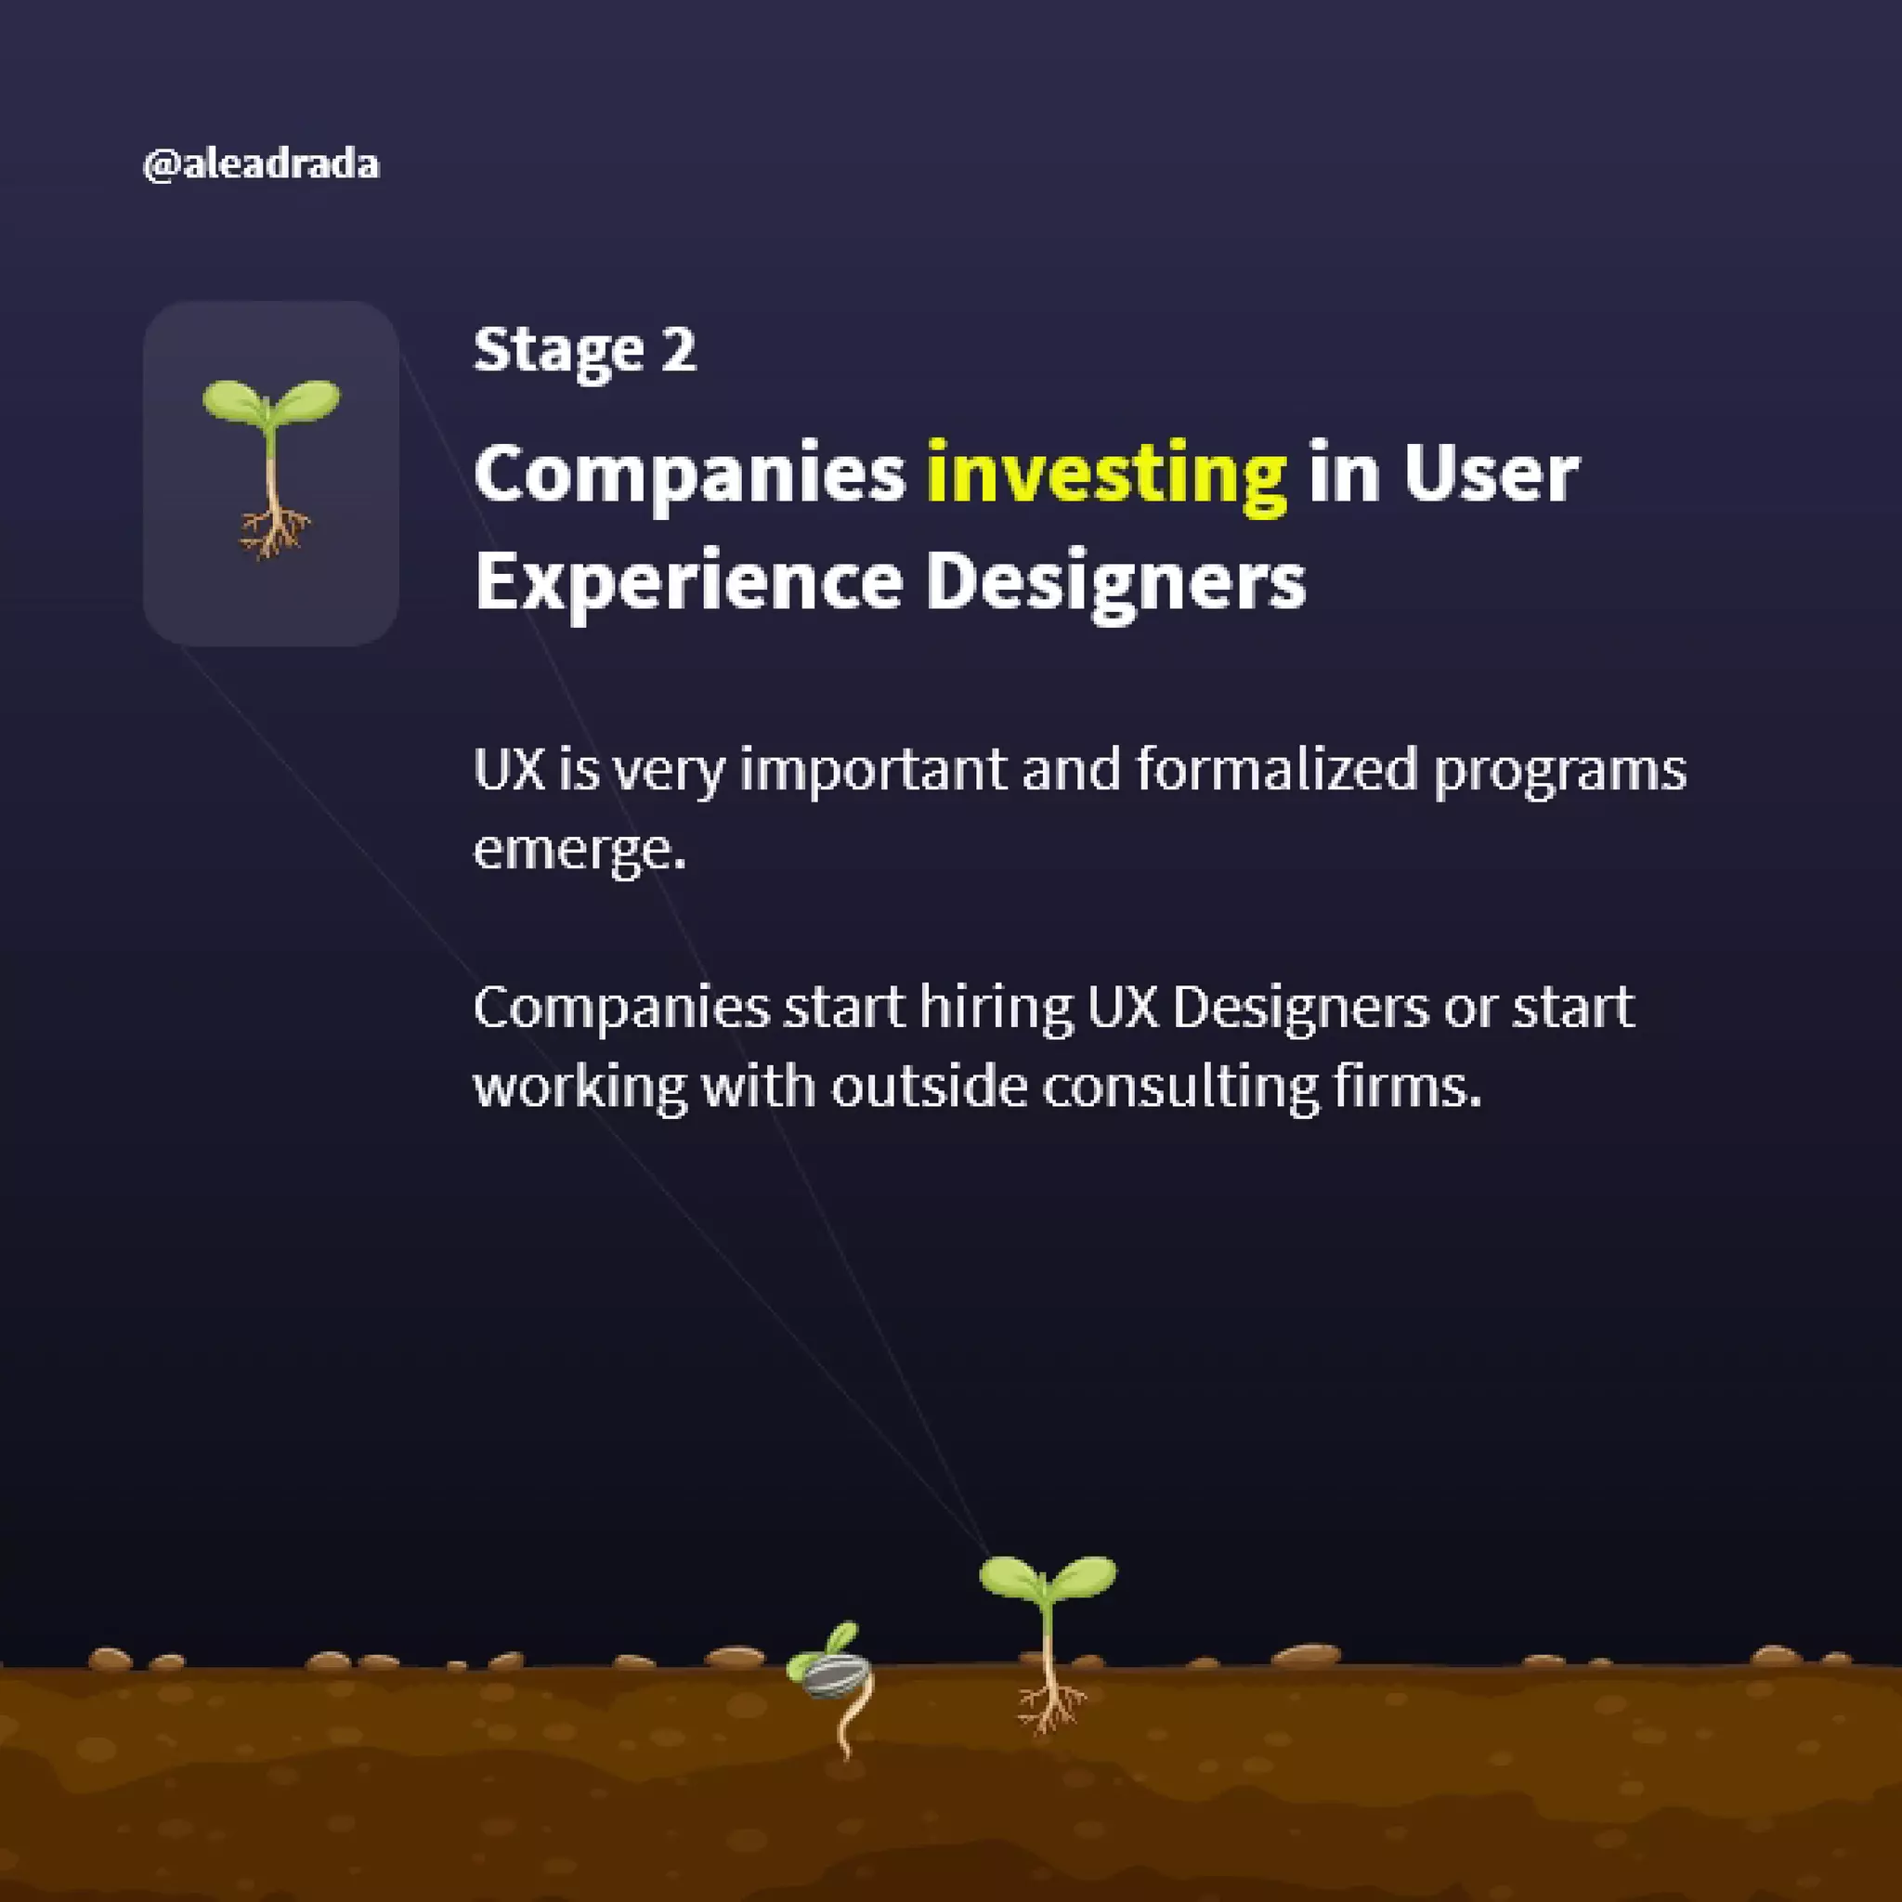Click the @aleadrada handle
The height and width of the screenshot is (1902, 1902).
[261, 164]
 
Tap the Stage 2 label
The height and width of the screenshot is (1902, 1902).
[585, 349]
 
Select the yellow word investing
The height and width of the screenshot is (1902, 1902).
[1106, 475]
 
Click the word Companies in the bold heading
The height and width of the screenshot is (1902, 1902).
[689, 475]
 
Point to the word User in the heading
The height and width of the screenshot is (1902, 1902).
[1491, 475]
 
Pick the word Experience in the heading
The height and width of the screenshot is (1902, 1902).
[688, 581]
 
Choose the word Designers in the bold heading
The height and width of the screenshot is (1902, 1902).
[1115, 581]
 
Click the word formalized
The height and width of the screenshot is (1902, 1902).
[1276, 769]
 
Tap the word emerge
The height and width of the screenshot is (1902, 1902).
[578, 849]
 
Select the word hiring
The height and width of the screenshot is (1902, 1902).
[996, 1007]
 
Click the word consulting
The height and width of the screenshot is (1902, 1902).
[1180, 1088]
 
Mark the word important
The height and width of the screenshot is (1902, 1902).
[873, 769]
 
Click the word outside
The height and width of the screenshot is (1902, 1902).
[929, 1087]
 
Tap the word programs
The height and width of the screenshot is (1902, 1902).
[1559, 771]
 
